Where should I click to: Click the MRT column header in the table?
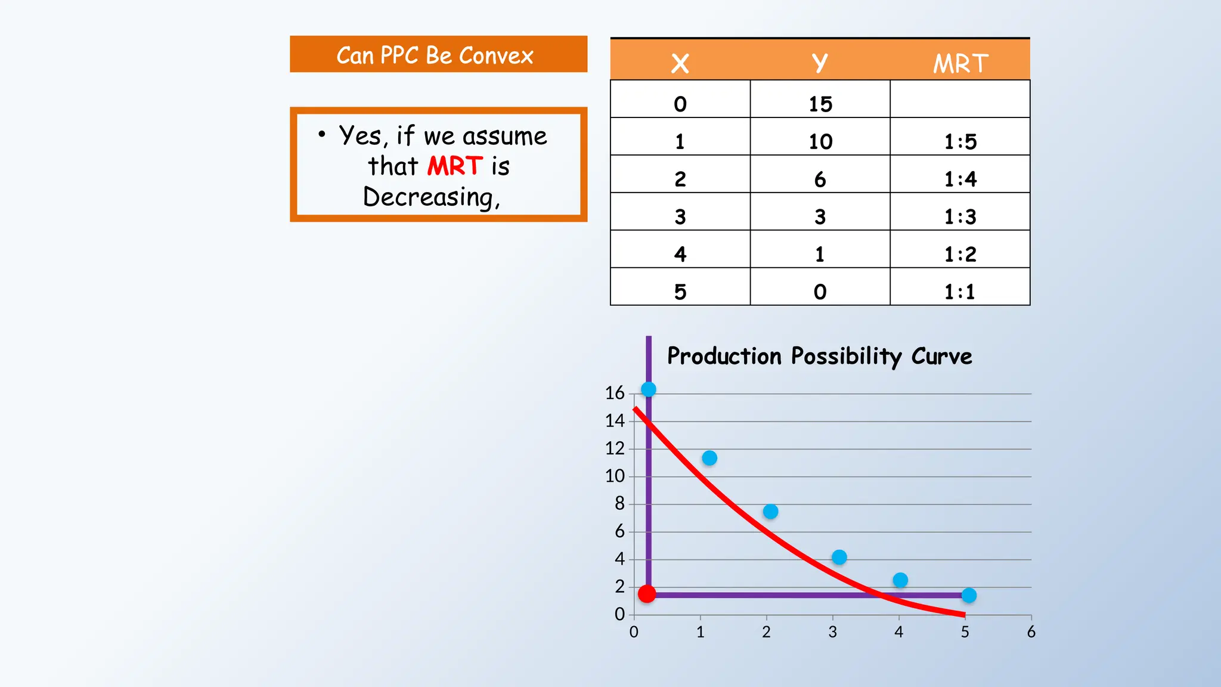pos(960,63)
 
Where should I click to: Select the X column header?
pos(680,63)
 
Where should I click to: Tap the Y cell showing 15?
pos(820,104)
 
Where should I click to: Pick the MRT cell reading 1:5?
pos(960,142)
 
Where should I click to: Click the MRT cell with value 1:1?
pos(960,292)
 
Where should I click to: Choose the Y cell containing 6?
pos(820,180)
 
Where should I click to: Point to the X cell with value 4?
pos(680,255)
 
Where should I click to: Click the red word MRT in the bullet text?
pos(455,166)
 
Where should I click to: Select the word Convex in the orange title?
pos(496,55)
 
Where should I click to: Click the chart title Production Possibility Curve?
pos(819,356)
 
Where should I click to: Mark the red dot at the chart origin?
pos(647,594)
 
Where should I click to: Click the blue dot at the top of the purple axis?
pos(649,389)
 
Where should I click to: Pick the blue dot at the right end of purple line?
pos(969,595)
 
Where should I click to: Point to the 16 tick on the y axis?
pos(615,393)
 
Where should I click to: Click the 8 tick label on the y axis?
pos(619,504)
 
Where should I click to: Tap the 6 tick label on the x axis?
pos(1031,632)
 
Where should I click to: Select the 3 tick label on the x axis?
pos(832,632)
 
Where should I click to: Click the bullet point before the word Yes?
pos(322,134)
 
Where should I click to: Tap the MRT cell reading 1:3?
pos(960,217)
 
